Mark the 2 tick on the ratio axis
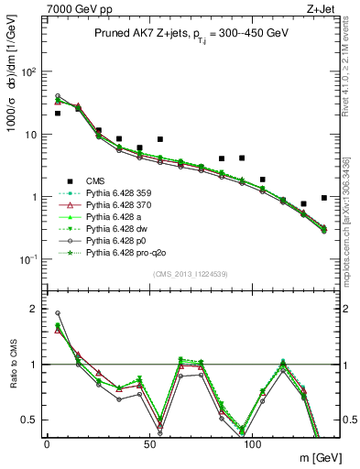tap(32, 309)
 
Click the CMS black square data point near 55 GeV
tap(160, 139)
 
